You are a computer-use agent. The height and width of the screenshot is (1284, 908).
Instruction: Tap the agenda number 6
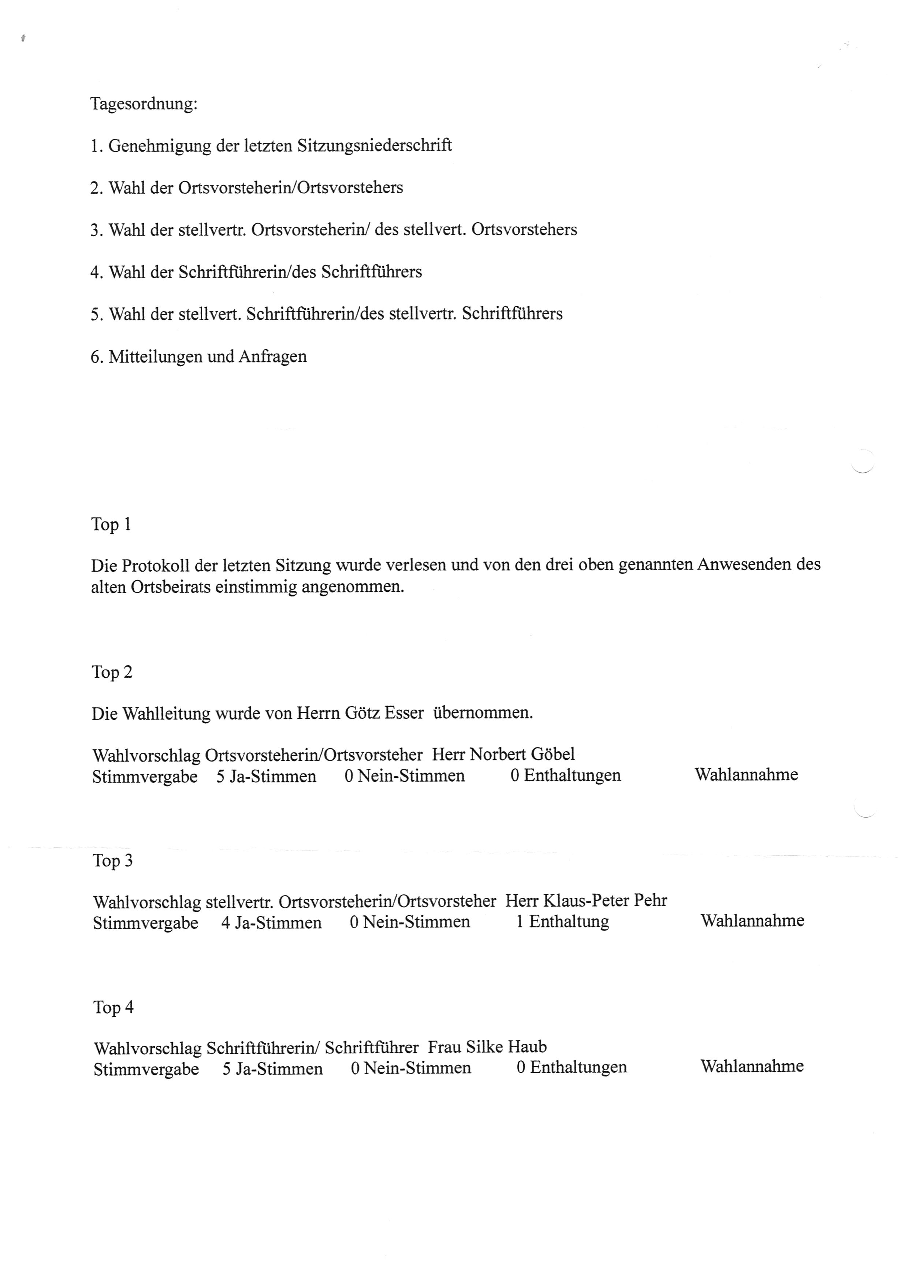tap(96, 357)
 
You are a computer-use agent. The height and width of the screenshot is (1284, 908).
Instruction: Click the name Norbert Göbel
tap(522, 755)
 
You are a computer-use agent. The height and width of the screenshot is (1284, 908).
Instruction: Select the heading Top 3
tap(112, 860)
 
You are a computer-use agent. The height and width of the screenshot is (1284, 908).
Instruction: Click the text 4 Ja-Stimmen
tap(271, 922)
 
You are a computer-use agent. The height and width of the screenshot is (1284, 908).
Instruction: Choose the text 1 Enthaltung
tap(562, 922)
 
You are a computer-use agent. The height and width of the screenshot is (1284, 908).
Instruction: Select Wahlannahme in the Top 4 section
tap(752, 1067)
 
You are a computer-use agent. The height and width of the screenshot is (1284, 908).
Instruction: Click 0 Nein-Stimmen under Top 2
tap(404, 776)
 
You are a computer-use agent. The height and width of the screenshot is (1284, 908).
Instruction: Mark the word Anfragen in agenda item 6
tap(272, 357)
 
